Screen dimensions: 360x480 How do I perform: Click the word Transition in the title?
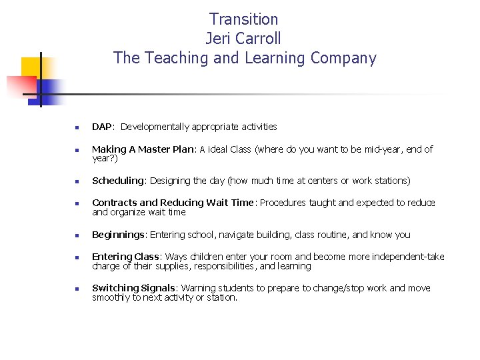(x=244, y=19)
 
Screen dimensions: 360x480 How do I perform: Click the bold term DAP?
(x=102, y=127)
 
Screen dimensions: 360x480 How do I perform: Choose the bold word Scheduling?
(x=118, y=181)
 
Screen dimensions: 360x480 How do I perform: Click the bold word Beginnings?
(x=119, y=235)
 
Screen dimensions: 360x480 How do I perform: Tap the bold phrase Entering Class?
(x=125, y=257)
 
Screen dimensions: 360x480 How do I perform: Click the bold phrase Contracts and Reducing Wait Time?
(x=173, y=203)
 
